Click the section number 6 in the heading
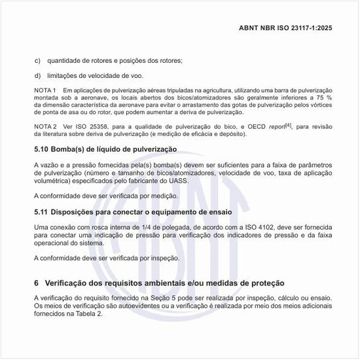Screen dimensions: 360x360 tap(37, 283)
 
